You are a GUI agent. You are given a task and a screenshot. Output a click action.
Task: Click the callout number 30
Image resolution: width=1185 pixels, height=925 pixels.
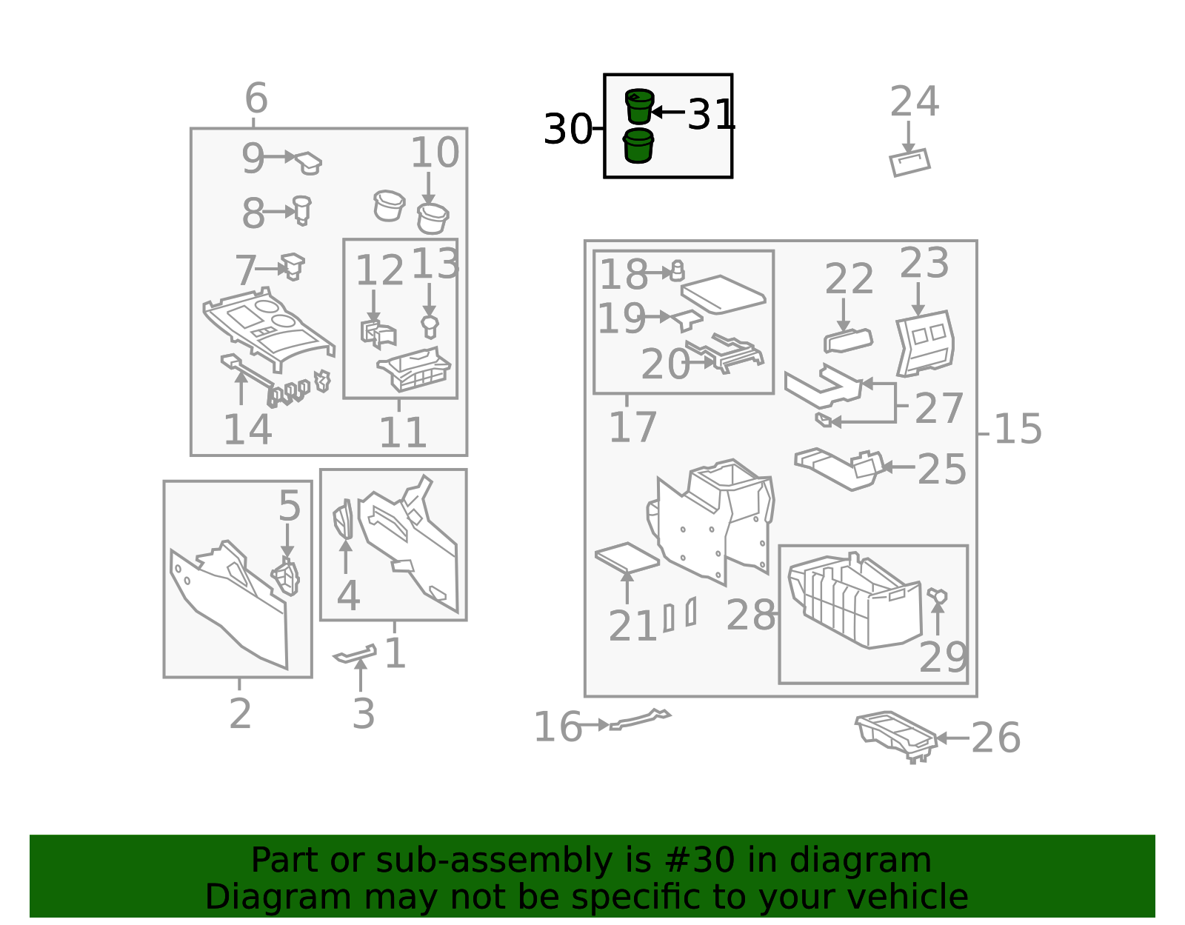(x=567, y=129)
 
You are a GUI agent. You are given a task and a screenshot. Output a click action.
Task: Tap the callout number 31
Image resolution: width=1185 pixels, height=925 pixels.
(x=711, y=115)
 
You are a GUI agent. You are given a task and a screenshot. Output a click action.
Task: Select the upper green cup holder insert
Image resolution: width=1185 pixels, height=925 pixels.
(x=639, y=106)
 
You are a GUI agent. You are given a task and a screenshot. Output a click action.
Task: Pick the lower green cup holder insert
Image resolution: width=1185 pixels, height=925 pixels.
(x=638, y=145)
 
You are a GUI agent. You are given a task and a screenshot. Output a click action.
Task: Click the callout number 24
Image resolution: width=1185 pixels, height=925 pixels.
(x=915, y=101)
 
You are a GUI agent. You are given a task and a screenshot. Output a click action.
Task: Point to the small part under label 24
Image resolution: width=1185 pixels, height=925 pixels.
(x=909, y=162)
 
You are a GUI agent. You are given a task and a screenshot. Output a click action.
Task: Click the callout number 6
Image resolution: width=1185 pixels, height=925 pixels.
(x=256, y=98)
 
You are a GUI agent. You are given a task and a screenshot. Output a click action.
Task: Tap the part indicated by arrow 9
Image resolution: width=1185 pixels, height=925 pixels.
(x=309, y=163)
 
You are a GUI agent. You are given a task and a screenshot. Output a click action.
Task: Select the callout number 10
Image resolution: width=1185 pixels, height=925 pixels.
(x=435, y=153)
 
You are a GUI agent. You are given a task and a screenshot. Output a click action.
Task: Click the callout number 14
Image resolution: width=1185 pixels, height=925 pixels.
(x=247, y=430)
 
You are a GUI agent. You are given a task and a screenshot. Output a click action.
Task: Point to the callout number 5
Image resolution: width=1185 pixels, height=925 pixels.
(x=289, y=505)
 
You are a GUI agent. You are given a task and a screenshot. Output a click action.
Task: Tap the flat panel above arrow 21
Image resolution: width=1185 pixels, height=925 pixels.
(x=627, y=558)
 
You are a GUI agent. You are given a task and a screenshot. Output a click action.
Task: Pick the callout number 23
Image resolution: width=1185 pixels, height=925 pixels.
(x=924, y=262)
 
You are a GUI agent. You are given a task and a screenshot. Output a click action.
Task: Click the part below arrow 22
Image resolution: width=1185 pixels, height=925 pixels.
(x=848, y=341)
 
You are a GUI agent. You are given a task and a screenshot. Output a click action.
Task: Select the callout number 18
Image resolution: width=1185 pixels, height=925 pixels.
(x=624, y=274)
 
